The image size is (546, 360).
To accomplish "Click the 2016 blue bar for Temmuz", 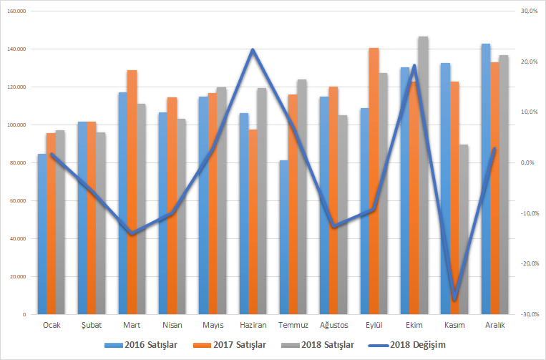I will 284,237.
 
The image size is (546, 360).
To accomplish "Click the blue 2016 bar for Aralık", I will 486,179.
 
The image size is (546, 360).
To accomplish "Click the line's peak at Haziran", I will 253,49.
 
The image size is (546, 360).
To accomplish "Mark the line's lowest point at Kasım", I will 454,299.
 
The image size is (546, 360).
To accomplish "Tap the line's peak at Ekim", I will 414,66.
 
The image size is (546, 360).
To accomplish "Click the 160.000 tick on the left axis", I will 16,11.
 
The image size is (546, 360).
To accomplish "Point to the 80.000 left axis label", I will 18,163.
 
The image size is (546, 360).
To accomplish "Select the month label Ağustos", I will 334,325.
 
